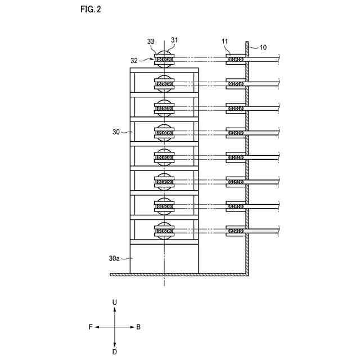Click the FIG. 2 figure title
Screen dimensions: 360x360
pos(91,9)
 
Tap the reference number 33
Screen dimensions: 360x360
pos(151,42)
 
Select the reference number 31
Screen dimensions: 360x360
pos(174,40)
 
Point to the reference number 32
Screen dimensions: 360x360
pos(134,61)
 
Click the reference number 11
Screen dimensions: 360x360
pos(224,41)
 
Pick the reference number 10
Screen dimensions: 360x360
pos(263,47)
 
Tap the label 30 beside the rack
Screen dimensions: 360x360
pos(116,132)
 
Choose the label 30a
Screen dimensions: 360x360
pos(114,259)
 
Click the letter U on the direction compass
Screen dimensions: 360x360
pos(115,303)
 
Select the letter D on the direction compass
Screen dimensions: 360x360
pos(115,352)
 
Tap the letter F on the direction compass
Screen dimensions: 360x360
pos(91,327)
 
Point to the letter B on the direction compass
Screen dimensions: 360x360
pos(138,327)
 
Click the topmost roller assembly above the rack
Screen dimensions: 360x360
pos(164,59)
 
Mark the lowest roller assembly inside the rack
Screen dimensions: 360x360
pos(164,231)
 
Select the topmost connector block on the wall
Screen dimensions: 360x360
pos(236,59)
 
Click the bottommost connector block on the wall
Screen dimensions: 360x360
pos(236,231)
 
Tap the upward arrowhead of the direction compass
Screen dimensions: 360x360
pos(115,309)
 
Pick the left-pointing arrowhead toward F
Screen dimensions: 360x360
pos(96,327)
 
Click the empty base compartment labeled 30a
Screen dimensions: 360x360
pos(164,259)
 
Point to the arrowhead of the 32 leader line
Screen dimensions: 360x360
pos(152,59)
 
